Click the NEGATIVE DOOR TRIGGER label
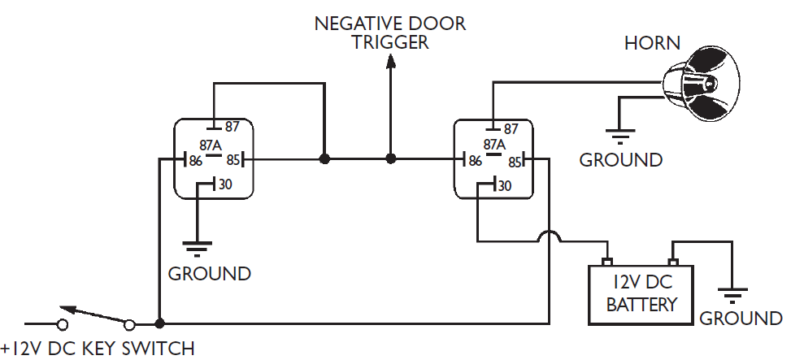pyautogui.click(x=390, y=33)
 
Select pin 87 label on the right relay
pyautogui.click(x=511, y=128)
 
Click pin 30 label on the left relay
pyautogui.click(x=225, y=184)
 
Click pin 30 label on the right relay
pyautogui.click(x=505, y=186)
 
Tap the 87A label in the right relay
pyautogui.click(x=493, y=145)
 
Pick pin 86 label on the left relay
pyautogui.click(x=195, y=161)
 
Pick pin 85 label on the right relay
pyautogui.click(x=514, y=162)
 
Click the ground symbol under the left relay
pyautogui.click(x=197, y=246)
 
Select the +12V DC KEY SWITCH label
pyautogui.click(x=98, y=349)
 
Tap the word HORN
pyautogui.click(x=652, y=44)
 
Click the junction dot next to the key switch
pyautogui.click(x=160, y=323)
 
